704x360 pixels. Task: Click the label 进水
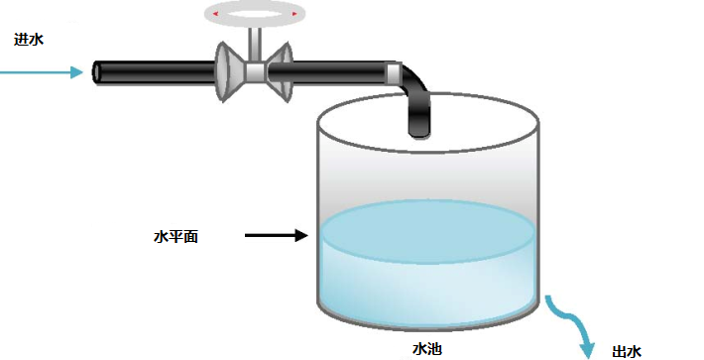click(29, 40)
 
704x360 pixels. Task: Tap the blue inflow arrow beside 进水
click(45, 71)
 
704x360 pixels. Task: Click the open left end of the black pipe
click(99, 71)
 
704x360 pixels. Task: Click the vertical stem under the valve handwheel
click(255, 42)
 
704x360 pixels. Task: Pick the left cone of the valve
click(230, 71)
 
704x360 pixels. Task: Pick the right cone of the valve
click(282, 71)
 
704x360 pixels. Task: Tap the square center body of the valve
click(256, 71)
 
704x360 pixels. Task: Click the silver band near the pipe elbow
click(394, 72)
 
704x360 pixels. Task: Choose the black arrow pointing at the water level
click(277, 236)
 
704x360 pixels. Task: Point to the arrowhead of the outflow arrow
click(588, 347)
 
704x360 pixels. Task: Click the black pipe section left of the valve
click(159, 71)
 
